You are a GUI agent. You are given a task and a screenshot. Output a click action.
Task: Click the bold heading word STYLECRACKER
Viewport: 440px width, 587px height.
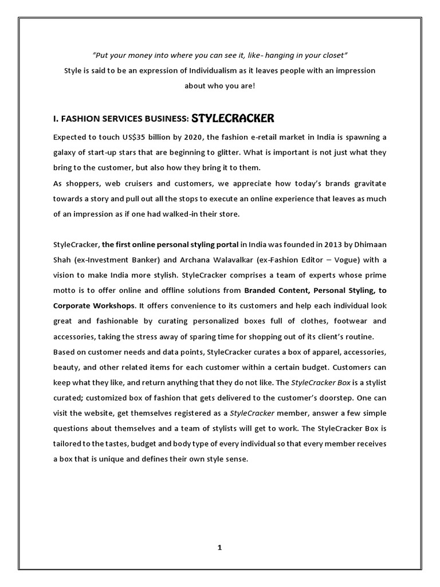click(233, 119)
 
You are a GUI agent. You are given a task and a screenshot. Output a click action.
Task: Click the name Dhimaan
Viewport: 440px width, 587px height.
click(370, 244)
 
